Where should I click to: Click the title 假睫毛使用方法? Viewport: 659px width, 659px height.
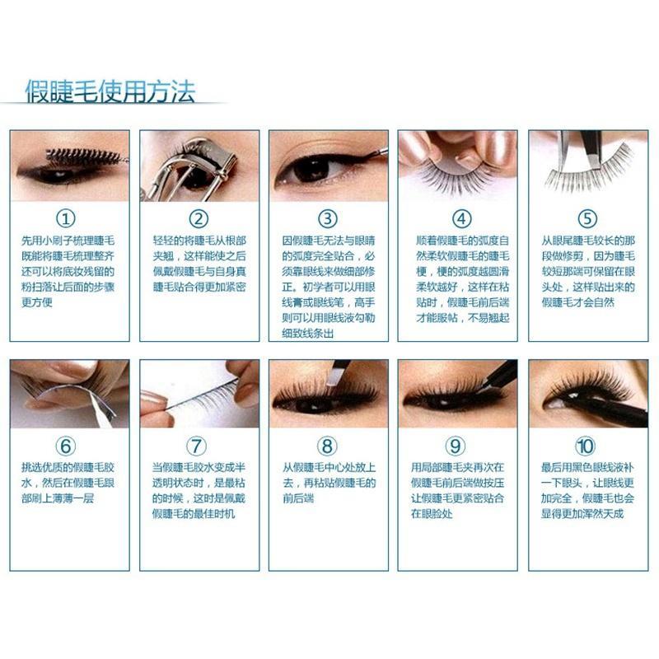(x=110, y=91)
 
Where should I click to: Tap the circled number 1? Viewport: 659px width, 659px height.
(x=66, y=218)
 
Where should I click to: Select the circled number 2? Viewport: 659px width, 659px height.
(x=199, y=218)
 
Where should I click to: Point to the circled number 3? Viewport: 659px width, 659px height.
(x=327, y=218)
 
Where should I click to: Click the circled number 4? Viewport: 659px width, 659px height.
(x=461, y=218)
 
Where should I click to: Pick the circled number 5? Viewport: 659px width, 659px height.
(x=587, y=218)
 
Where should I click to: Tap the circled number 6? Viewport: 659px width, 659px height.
(x=66, y=446)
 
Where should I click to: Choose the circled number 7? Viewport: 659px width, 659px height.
(x=196, y=446)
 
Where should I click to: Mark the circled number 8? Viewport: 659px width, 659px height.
(x=327, y=446)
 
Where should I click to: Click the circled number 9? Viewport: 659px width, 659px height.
(x=456, y=446)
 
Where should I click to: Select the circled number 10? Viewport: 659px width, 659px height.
(x=585, y=446)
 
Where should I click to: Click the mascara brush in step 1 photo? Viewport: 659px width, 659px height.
(x=84, y=157)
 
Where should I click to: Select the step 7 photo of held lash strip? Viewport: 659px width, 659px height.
(x=199, y=394)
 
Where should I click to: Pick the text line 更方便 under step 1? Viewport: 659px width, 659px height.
(x=37, y=302)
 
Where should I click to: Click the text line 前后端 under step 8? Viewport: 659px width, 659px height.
(x=298, y=498)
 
